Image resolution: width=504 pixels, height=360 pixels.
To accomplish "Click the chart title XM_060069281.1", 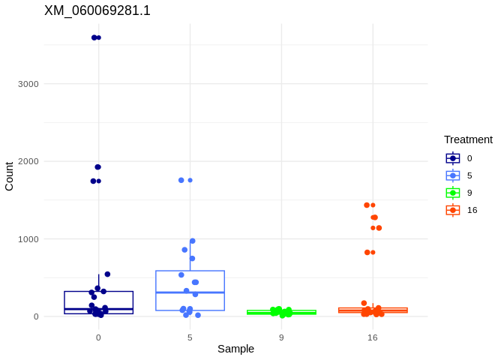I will click(x=97, y=10).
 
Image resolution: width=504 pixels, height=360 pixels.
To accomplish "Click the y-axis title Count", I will click(x=9, y=176).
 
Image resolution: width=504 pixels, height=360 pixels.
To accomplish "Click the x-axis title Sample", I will click(x=235, y=349).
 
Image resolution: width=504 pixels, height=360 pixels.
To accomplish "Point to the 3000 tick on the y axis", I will click(x=28, y=84).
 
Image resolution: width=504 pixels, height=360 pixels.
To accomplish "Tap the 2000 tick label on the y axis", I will click(x=28, y=161).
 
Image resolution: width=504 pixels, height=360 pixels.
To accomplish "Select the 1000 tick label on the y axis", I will click(x=28, y=239).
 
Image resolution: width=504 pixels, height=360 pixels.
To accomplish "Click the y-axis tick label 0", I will click(x=35, y=316).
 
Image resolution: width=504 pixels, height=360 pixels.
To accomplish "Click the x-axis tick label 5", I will click(x=190, y=337).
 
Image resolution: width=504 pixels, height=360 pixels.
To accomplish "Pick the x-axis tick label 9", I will click(x=281, y=337).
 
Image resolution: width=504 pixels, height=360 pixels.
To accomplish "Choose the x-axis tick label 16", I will click(x=373, y=337).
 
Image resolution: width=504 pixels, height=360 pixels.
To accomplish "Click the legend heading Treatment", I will click(x=468, y=139).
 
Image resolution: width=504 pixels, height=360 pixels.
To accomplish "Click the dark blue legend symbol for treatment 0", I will click(x=453, y=158).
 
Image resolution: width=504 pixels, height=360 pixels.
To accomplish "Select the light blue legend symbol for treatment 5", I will click(x=453, y=175).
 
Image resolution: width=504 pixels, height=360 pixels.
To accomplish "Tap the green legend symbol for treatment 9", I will click(x=453, y=193).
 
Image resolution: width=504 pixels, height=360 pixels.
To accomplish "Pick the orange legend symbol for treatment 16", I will click(x=453, y=210).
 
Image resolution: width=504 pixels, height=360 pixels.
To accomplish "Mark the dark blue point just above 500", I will click(x=107, y=274).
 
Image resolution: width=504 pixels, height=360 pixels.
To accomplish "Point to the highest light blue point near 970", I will click(x=193, y=241).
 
